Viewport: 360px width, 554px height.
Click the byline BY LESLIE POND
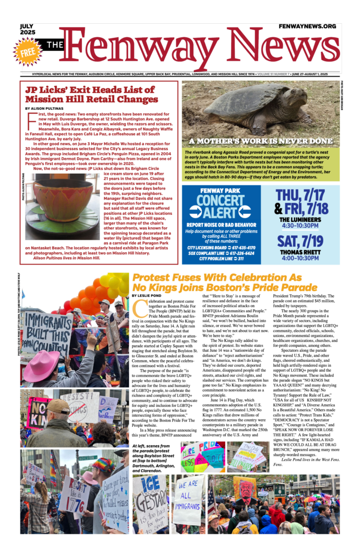coord(149,295)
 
